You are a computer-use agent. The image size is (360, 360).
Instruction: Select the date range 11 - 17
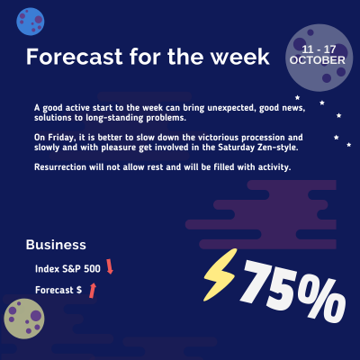[x=323, y=45]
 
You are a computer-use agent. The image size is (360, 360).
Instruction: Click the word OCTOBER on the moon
[x=318, y=59]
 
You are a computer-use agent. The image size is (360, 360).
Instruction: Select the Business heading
[x=56, y=244]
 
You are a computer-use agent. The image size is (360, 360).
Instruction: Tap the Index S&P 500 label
[x=67, y=267]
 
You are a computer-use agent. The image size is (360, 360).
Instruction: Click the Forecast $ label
[x=58, y=290]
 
